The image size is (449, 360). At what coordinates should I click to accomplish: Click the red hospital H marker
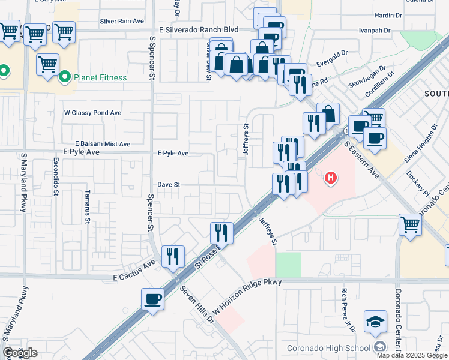coord(330,178)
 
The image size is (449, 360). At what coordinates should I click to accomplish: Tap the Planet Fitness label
coord(100,77)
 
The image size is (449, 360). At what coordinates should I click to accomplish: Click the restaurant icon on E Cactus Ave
coord(173,256)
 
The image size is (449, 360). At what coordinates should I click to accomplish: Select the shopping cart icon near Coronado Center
coord(410,225)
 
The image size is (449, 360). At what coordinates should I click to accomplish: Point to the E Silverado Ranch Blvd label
coord(198,29)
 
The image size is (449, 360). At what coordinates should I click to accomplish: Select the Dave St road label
coord(169,185)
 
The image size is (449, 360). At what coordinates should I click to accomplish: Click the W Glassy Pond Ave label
coord(92,112)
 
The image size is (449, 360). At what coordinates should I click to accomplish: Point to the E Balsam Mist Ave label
coord(103,144)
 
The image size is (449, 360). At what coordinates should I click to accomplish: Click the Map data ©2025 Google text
coord(412,355)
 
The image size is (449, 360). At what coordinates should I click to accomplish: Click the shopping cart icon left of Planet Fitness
coord(47,64)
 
